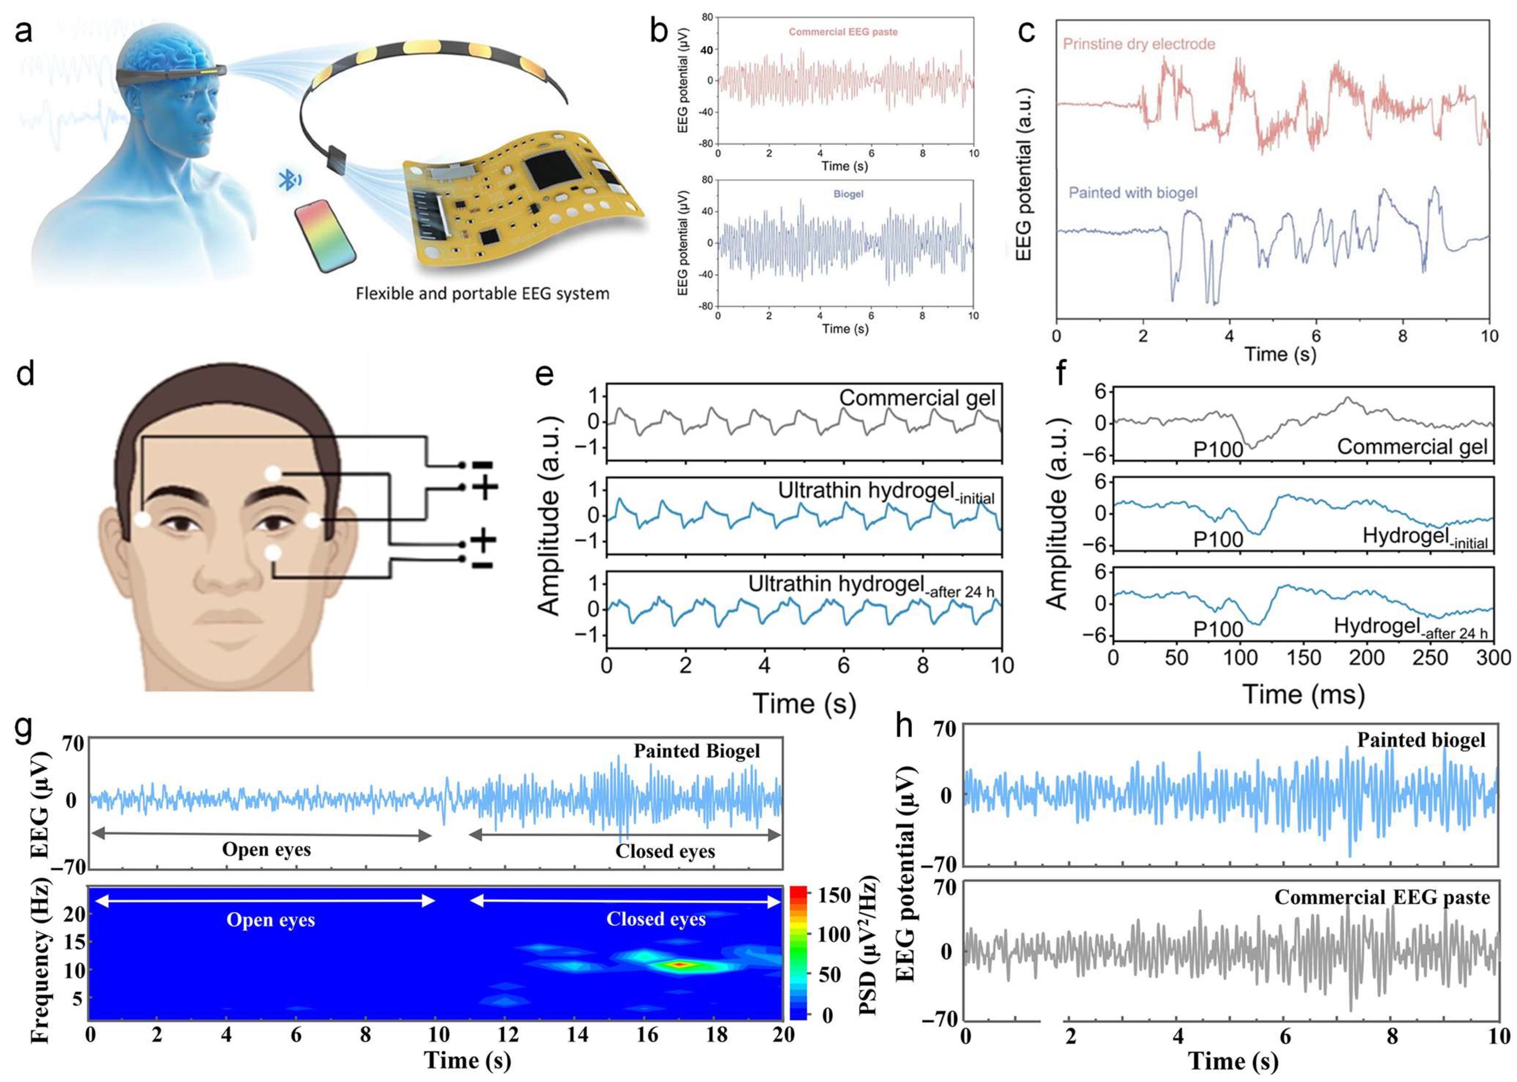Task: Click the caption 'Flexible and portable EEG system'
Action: click(x=482, y=293)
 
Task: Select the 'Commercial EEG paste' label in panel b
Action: click(x=843, y=32)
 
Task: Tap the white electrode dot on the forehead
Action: click(x=273, y=474)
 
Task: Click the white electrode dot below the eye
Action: click(x=273, y=552)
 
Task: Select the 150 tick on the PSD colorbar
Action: click(x=834, y=895)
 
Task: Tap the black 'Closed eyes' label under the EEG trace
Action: click(x=665, y=851)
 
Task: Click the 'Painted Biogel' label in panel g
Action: click(x=696, y=752)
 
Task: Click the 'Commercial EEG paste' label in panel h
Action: click(x=1382, y=897)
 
